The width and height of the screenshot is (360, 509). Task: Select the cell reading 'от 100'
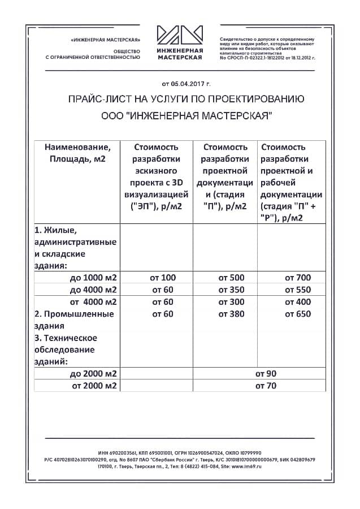coord(163,278)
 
